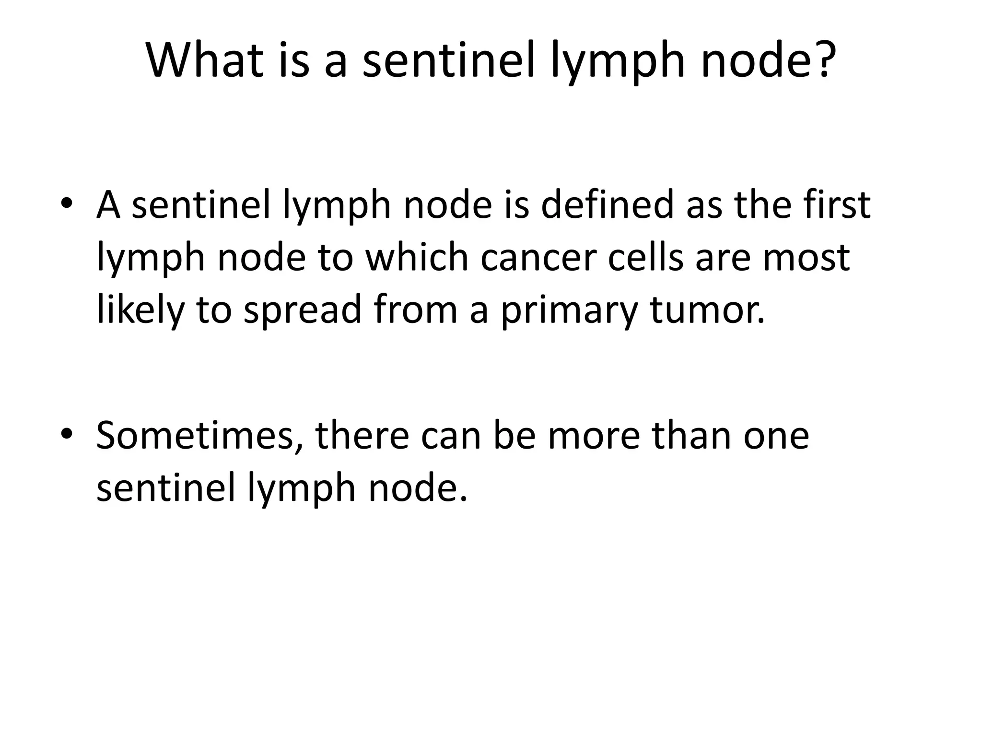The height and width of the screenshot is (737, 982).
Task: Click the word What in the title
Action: click(x=205, y=61)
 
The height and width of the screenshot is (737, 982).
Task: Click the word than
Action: click(x=690, y=435)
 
